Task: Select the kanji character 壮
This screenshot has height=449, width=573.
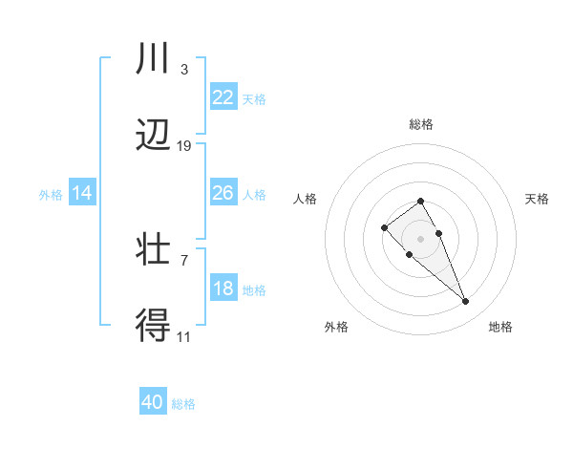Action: (x=154, y=250)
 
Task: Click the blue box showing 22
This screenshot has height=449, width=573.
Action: (x=223, y=97)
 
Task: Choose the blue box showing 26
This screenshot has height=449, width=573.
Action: (x=223, y=193)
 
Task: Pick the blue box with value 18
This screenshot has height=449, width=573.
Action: (x=223, y=289)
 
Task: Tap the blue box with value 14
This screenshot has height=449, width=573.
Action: (x=82, y=193)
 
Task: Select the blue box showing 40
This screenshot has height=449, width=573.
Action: (x=153, y=402)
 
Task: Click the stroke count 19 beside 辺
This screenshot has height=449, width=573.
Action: (x=184, y=145)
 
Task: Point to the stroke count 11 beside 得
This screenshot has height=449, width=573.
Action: (x=184, y=336)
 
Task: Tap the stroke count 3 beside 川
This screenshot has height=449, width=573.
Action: (x=184, y=69)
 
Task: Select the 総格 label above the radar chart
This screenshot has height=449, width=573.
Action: (x=420, y=124)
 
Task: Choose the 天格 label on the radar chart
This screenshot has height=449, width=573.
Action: (x=537, y=199)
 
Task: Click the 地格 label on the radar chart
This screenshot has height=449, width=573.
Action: (x=500, y=327)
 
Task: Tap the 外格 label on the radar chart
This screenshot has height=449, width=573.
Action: (x=336, y=327)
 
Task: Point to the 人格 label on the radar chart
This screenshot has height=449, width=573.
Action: (x=305, y=199)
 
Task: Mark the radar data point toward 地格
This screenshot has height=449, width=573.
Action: (x=465, y=302)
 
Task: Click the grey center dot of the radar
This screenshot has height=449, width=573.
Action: (x=420, y=239)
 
